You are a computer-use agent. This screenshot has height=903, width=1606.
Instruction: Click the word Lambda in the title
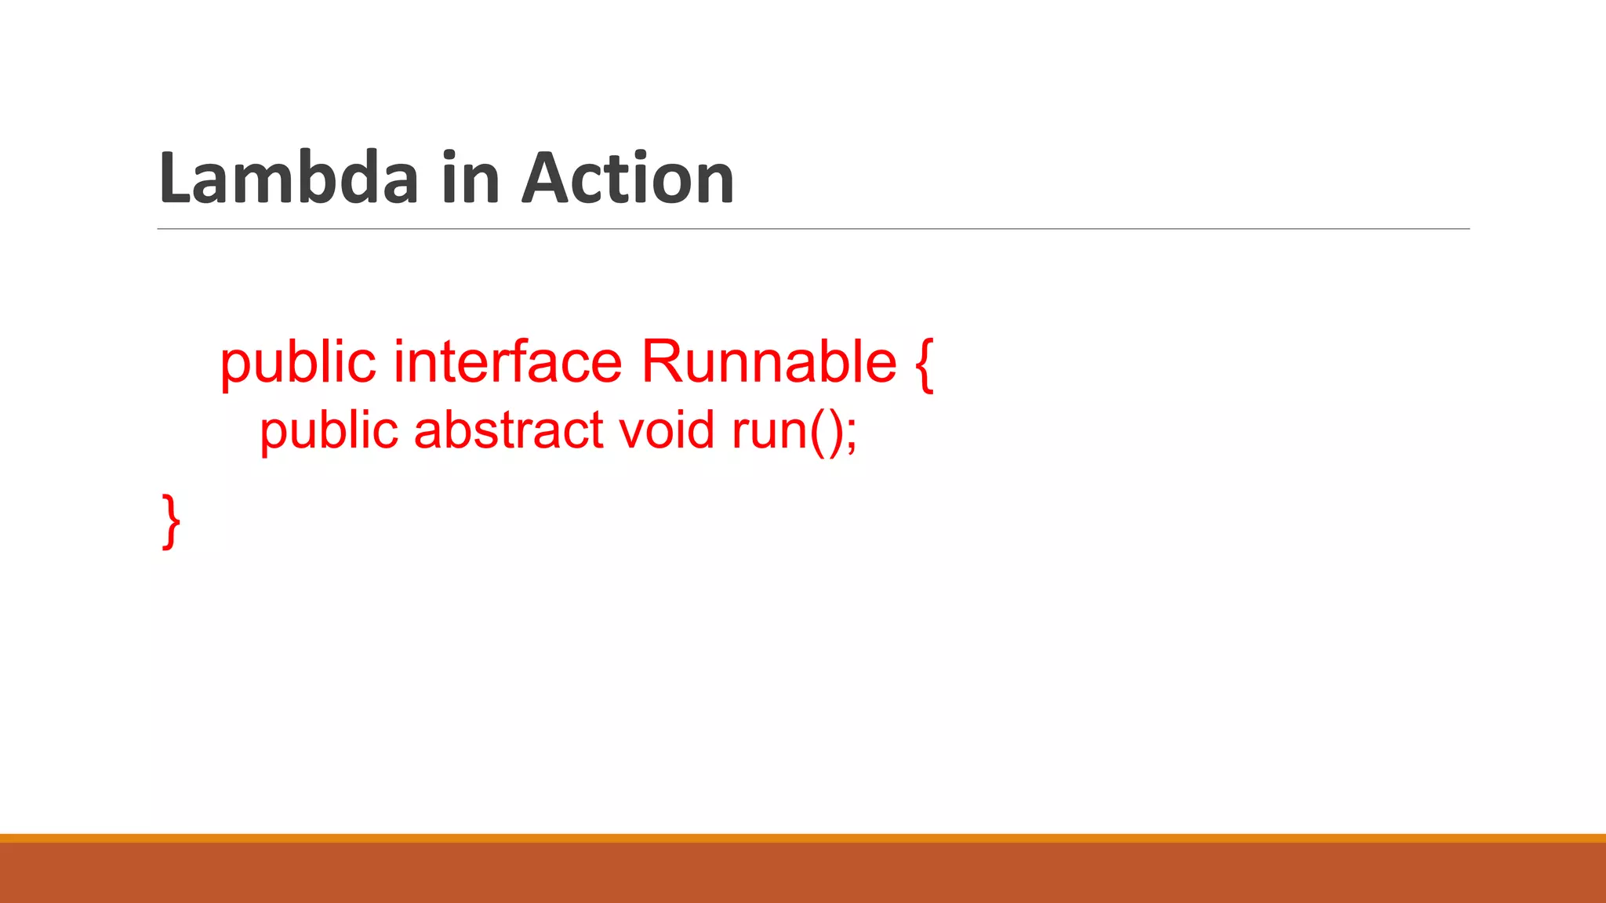[x=289, y=178]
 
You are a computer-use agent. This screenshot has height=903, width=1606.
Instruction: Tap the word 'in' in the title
[x=470, y=178]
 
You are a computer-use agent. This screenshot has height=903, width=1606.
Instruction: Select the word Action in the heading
[x=628, y=178]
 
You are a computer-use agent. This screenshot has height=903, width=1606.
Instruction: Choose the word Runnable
[x=768, y=361]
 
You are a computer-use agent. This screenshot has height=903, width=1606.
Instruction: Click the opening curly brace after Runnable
[x=924, y=364]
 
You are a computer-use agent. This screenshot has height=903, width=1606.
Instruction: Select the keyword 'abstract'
[x=509, y=430]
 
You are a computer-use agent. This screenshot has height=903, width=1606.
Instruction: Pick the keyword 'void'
[x=667, y=430]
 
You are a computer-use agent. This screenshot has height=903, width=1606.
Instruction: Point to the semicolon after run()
[x=852, y=436]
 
